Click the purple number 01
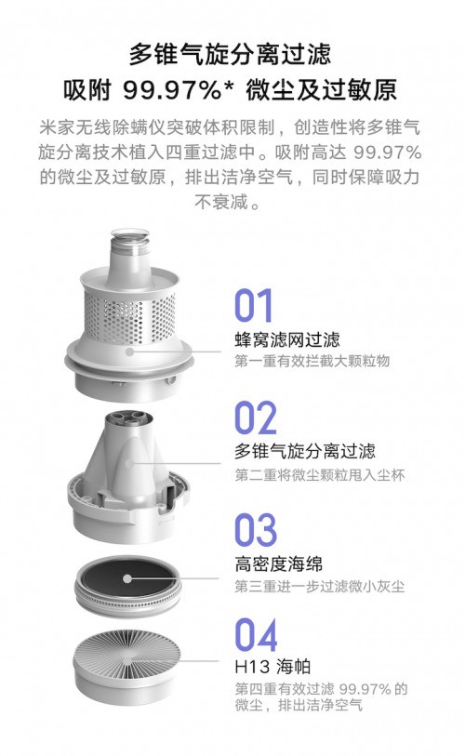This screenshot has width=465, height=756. pos(253,305)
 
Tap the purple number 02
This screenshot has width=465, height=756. pos(256,418)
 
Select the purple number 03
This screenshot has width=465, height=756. pos(256,530)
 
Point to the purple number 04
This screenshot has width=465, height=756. pos(256,635)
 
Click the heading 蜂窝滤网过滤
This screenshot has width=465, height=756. pos(287,339)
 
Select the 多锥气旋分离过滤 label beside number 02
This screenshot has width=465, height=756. pos(305,451)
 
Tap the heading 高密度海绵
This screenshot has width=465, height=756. pos(278,564)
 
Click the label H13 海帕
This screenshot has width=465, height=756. pos(272,667)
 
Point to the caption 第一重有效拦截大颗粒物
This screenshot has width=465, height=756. pos(312,361)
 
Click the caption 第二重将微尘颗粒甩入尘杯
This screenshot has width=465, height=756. pos(320,475)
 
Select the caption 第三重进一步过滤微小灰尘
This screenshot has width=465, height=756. pos(320,586)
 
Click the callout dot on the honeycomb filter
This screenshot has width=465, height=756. pos(129,351)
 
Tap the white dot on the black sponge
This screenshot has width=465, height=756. pos(126,578)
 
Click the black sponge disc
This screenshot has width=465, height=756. pos(127,578)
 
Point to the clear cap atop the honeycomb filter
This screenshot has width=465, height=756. pos(128,240)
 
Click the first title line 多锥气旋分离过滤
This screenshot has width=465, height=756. pos(230,54)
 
